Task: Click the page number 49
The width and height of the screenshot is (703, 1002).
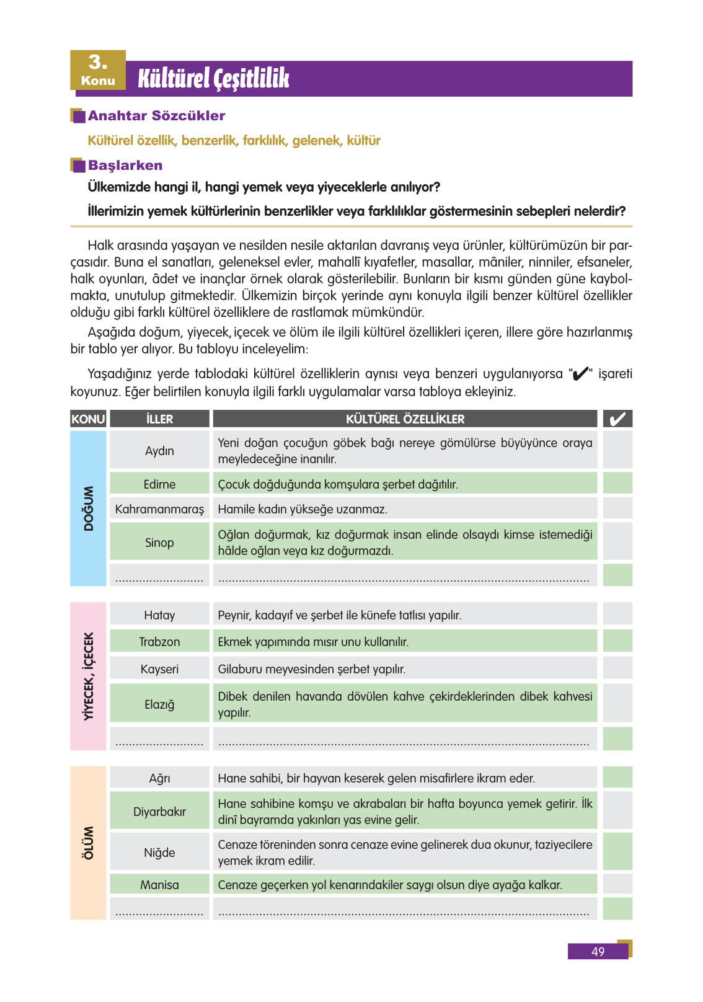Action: pos(598,952)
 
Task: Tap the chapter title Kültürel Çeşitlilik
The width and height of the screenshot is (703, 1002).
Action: pos(213,79)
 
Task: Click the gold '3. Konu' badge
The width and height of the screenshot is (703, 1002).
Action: pos(98,70)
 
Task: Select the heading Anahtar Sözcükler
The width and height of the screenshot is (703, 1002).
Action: pos(156,116)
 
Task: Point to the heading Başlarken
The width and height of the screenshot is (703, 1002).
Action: pos(125,166)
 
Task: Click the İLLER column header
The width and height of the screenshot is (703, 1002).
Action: pos(159,419)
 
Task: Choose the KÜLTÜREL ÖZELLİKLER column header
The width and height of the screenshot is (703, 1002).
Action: pos(405,419)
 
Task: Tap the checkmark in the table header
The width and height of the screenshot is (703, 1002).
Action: pos(617,419)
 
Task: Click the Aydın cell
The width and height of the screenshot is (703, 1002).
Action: pos(159,451)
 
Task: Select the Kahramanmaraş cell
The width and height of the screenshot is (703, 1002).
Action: pos(159,509)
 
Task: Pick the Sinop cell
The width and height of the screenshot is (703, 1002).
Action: pos(159,543)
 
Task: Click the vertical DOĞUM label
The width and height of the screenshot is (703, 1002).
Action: pos(89,508)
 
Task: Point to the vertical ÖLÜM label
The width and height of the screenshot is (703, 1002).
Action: pos(89,843)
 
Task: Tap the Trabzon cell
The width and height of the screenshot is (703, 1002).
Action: pos(159,642)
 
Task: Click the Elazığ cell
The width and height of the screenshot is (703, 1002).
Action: pos(159,704)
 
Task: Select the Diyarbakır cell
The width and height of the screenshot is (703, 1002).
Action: pos(159,812)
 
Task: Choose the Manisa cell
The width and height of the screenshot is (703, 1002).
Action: pos(159,885)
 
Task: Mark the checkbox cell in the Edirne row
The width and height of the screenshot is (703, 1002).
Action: pos(617,484)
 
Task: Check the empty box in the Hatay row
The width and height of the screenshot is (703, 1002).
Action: pos(617,614)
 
